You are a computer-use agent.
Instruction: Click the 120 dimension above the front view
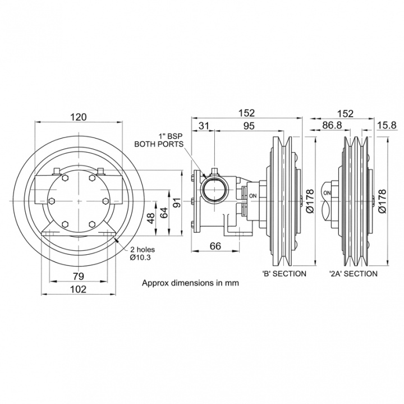pos(79,117)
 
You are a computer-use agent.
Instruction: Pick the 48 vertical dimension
pos(150,218)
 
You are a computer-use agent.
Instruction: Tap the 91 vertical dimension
pos(177,202)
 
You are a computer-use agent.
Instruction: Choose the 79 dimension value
pos(79,276)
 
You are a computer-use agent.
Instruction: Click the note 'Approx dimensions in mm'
pos(190,283)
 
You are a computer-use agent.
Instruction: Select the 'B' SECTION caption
pos(284,273)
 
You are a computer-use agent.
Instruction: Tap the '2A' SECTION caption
pos(353,273)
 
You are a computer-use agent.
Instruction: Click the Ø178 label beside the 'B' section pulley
pos(310,202)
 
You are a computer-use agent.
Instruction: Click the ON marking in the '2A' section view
pos(327,192)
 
